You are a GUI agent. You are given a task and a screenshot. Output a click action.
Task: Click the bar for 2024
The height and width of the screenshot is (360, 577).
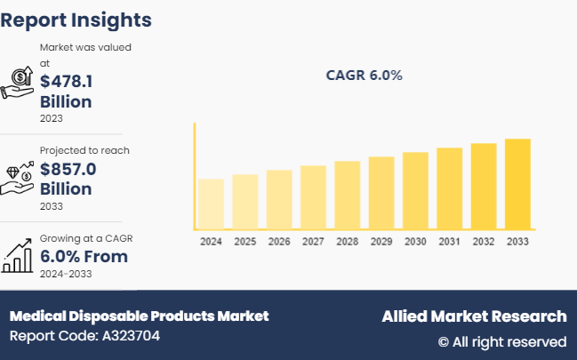pyautogui.click(x=212, y=204)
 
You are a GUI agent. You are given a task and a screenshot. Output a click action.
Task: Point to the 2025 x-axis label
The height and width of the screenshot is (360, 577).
pyautogui.click(x=245, y=242)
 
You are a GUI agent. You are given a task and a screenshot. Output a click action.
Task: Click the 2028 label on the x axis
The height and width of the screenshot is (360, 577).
pyautogui.click(x=347, y=242)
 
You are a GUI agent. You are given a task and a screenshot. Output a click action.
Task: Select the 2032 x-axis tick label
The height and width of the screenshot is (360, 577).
pyautogui.click(x=483, y=242)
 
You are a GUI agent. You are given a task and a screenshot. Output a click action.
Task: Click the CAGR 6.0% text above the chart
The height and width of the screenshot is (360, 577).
pyautogui.click(x=365, y=76)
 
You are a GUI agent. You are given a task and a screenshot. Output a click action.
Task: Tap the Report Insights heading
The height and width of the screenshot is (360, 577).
pyautogui.click(x=76, y=20)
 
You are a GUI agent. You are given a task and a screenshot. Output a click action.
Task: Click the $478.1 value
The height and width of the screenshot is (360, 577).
pyautogui.click(x=67, y=81)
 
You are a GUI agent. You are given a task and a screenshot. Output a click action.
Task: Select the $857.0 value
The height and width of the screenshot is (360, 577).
pyautogui.click(x=68, y=169)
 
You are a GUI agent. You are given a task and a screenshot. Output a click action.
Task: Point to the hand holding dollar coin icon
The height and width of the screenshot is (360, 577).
pyautogui.click(x=19, y=81)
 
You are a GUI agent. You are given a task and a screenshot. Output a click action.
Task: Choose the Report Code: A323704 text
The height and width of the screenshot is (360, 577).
pyautogui.click(x=85, y=336)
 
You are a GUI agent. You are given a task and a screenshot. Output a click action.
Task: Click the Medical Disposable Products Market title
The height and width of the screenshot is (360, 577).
pyautogui.click(x=139, y=316)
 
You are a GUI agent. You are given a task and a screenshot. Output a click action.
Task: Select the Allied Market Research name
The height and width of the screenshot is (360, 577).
pyautogui.click(x=474, y=316)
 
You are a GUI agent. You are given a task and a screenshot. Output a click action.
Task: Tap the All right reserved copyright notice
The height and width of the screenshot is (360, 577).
pyautogui.click(x=502, y=341)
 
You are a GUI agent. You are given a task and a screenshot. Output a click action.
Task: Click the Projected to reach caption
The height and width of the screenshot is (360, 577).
pyautogui.click(x=84, y=150)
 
